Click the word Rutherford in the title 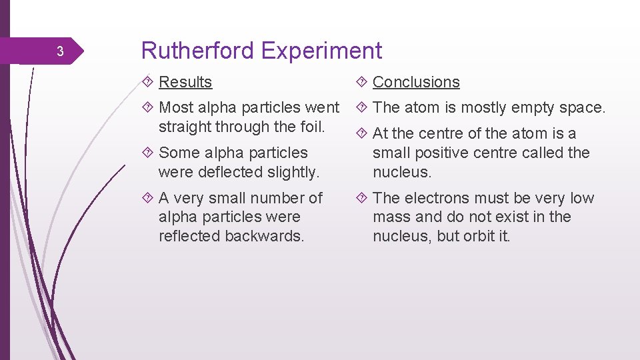point(198,51)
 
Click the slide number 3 point(59,52)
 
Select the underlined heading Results point(185,82)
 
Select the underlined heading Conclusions point(416,82)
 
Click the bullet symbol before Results point(147,82)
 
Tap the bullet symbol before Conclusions point(361,82)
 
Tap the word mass point(388,217)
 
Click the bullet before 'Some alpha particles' point(147,153)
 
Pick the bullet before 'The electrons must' point(361,198)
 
